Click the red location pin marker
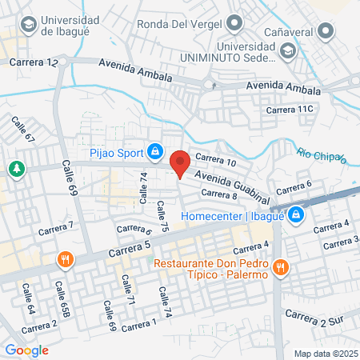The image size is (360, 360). coord(180,163)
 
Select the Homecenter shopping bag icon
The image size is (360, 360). coord(296,214)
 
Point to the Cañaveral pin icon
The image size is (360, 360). coord(325,32)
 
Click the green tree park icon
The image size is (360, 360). coord(15,169)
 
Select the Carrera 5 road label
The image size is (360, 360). coord(130,250)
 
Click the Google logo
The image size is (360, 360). coord(26,350)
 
